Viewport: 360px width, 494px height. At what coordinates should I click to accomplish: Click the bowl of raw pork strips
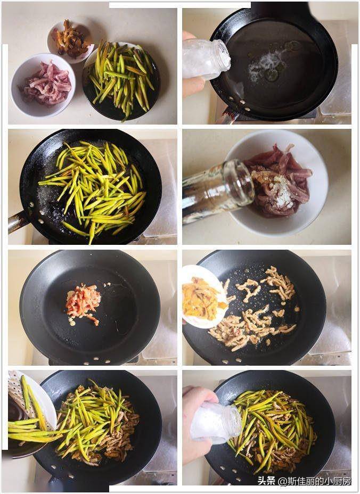tap(43, 85)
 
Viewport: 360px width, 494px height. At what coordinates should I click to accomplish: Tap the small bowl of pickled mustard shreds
tap(71, 40)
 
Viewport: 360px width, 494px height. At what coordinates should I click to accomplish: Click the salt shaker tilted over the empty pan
tap(206, 59)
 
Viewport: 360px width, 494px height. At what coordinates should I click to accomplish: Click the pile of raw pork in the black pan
tap(83, 303)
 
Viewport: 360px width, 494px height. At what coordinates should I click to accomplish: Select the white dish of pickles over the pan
tap(204, 297)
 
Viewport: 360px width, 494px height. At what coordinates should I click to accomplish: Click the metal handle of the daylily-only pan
tap(18, 221)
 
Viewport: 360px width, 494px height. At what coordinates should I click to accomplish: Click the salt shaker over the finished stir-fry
tap(216, 422)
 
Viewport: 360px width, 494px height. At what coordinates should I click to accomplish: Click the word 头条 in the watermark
tap(266, 481)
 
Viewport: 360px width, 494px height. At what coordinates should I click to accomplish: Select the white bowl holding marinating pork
tap(277, 183)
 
